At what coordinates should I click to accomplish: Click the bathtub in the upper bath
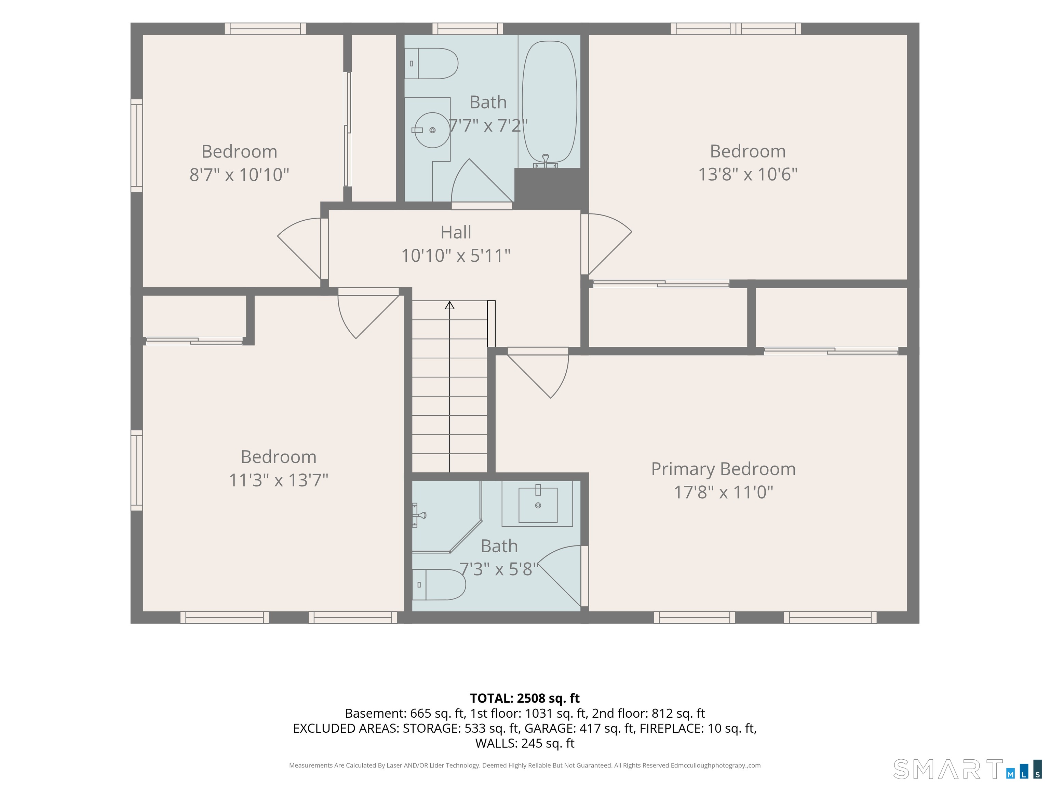(549, 102)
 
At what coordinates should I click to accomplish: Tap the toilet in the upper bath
(431, 64)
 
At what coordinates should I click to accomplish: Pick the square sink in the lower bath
(538, 505)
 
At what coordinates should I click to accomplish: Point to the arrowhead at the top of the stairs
(449, 305)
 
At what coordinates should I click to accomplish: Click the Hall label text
(456, 233)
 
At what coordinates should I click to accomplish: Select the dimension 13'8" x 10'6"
(748, 175)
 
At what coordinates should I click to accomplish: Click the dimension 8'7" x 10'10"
(239, 175)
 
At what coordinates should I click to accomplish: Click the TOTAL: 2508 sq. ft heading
(525, 698)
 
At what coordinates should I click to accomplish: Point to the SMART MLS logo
(967, 769)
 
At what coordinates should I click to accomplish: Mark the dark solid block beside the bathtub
(551, 188)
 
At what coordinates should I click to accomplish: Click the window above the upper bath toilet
(468, 29)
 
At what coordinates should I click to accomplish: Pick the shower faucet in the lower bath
(418, 515)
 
